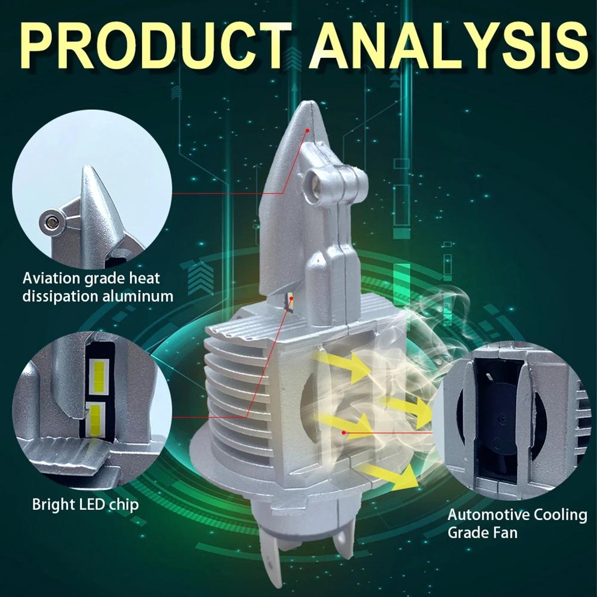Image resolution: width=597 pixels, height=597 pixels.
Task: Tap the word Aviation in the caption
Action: point(47,278)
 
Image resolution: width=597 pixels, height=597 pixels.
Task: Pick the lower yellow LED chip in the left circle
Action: point(96,417)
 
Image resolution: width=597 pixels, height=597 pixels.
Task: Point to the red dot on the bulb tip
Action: point(308,128)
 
